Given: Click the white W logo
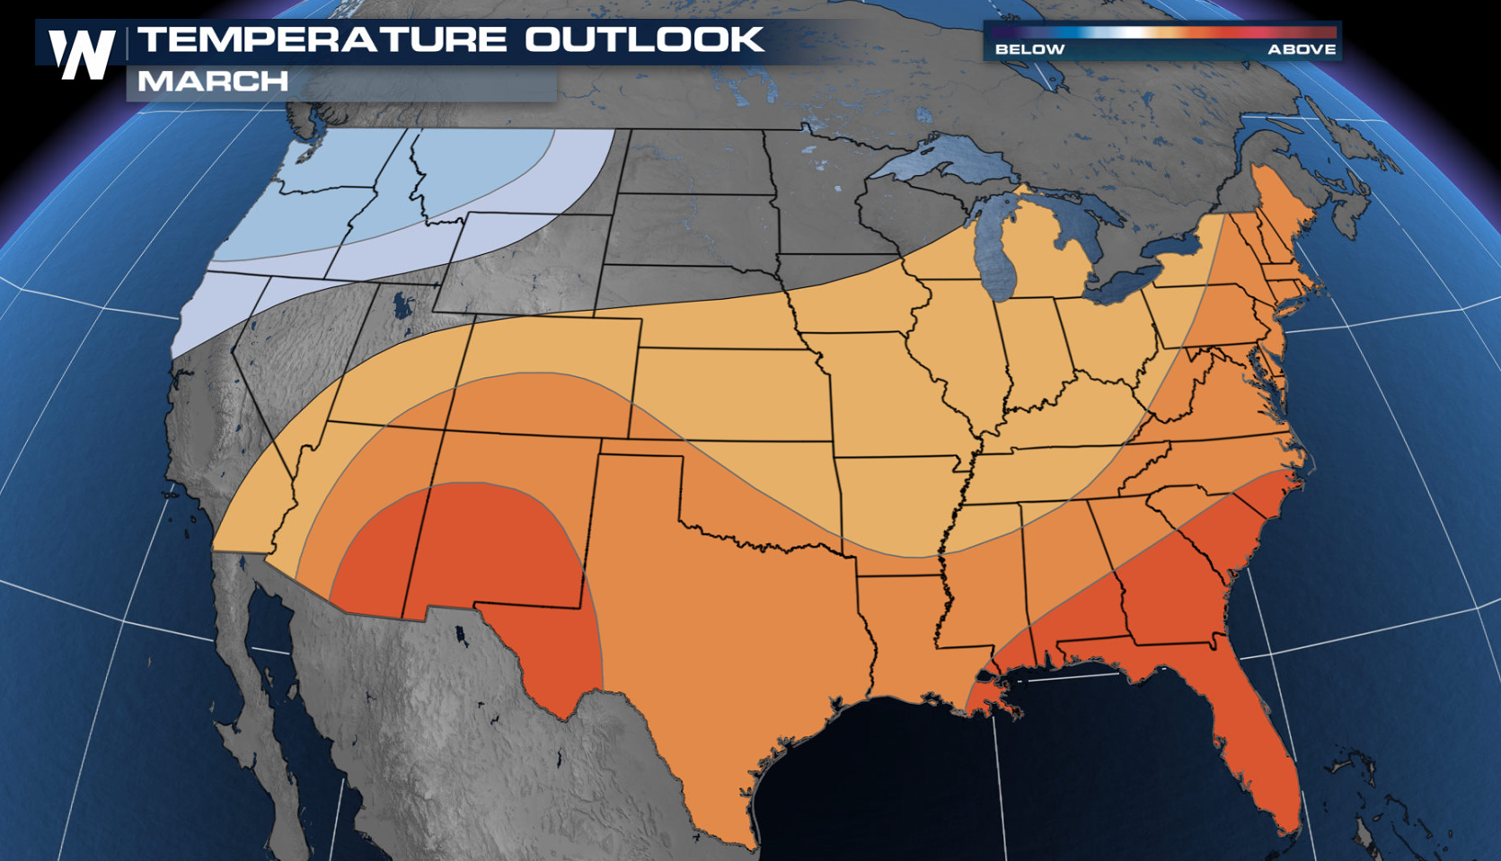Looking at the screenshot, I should [82, 54].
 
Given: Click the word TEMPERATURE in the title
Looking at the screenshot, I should [322, 40].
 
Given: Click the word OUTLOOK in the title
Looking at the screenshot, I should [644, 40].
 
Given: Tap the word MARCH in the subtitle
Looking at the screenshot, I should [213, 82].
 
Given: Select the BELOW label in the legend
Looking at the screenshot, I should [1029, 49].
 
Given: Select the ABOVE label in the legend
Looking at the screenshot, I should [1302, 49].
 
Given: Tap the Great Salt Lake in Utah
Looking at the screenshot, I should [401, 305].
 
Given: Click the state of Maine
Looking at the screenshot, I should [1276, 206].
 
